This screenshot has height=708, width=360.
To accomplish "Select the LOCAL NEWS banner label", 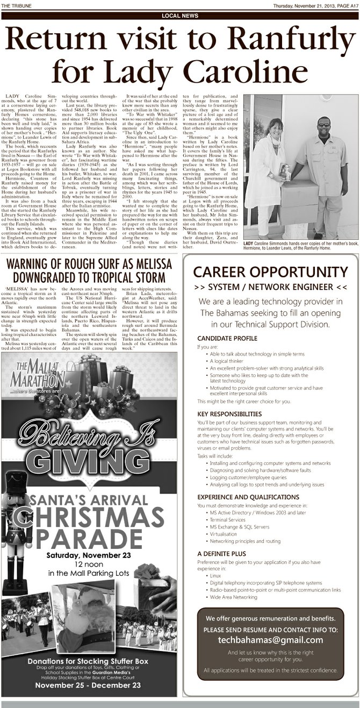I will pyautogui.click(x=180, y=16).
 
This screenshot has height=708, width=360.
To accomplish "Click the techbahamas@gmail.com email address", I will pyautogui.click(x=270, y=640).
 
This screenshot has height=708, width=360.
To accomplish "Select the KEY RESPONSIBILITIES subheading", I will pyautogui.click(x=229, y=414).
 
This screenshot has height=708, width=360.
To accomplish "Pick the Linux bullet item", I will pyautogui.click(x=215, y=575).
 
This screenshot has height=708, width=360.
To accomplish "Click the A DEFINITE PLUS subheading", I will pyautogui.click(x=222, y=553).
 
